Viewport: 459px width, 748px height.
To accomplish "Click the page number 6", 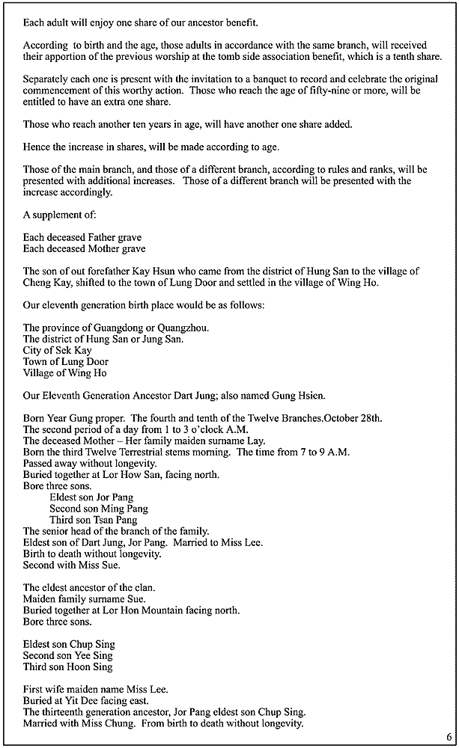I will point(449,737).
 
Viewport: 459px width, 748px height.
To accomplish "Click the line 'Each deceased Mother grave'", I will point(85,248).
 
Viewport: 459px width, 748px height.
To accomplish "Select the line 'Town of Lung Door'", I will point(66,362).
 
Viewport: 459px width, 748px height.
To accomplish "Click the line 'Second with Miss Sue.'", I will point(72,565).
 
